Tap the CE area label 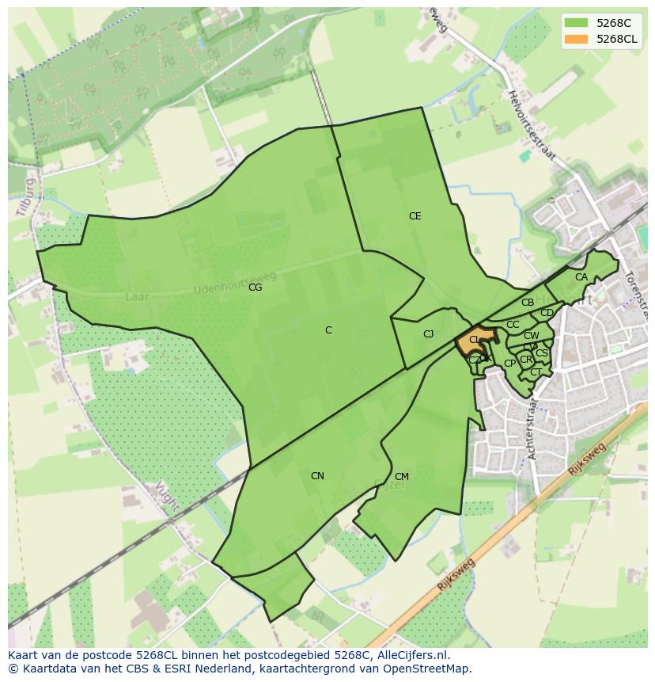pyautogui.click(x=415, y=216)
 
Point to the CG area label pyautogui.click(x=255, y=288)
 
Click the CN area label pyautogui.click(x=317, y=476)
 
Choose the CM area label pyautogui.click(x=401, y=477)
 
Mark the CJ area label pyautogui.click(x=428, y=334)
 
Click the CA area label pyautogui.click(x=581, y=277)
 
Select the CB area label pyautogui.click(x=528, y=303)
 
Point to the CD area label pyautogui.click(x=547, y=313)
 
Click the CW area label pyautogui.click(x=532, y=336)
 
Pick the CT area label pyautogui.click(x=536, y=372)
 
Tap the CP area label pyautogui.click(x=509, y=364)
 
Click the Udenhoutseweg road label pyautogui.click(x=235, y=283)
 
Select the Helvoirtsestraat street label pyautogui.click(x=532, y=127)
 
